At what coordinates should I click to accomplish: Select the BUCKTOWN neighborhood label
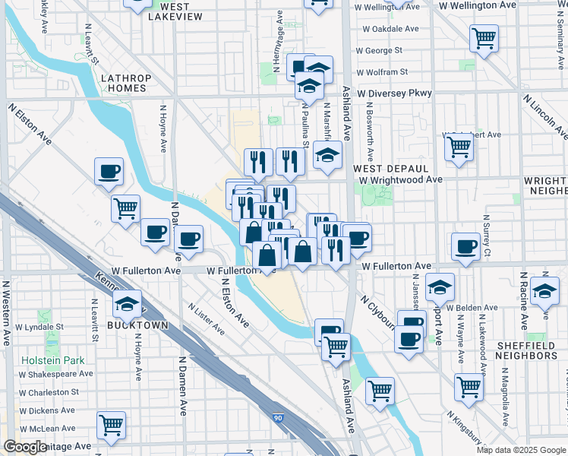click(x=139, y=325)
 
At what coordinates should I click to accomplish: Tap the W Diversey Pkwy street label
click(x=395, y=93)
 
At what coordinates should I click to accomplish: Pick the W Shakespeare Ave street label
click(x=56, y=373)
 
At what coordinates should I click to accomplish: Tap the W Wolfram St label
click(x=382, y=71)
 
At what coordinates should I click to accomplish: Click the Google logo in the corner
click(x=26, y=447)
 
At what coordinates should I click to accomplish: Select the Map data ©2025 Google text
click(x=521, y=450)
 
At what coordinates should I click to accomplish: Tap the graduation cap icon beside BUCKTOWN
click(x=128, y=305)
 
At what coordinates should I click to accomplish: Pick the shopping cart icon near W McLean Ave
click(x=111, y=426)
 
